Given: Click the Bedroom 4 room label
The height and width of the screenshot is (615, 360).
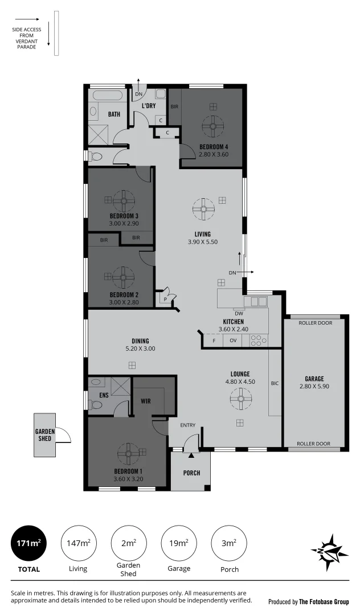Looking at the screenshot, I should click(214, 146).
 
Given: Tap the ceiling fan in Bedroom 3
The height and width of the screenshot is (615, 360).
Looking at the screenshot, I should click(124, 200).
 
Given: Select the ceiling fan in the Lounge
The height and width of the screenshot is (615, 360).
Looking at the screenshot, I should click(240, 398).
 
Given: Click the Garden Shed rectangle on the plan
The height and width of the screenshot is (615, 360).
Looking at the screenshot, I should click(45, 435).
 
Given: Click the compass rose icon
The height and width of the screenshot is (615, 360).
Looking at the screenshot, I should click(329, 552).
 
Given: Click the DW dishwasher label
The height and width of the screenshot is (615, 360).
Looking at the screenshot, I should click(239, 313).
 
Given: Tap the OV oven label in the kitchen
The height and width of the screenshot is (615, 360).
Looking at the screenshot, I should click(232, 341).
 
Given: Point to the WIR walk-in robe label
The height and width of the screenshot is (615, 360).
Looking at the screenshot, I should click(145, 401).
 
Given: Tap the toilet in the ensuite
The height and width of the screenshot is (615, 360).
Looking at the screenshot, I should click(96, 405).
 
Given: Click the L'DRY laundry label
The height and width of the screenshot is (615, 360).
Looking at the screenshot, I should click(149, 106).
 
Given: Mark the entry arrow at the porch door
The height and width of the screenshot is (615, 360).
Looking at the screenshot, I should click(191, 454).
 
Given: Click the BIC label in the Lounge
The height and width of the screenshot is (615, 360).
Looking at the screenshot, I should click(275, 383).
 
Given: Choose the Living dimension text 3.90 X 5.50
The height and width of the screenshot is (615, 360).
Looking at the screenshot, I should click(203, 242).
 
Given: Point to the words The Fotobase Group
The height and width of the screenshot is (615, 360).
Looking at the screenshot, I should click(324, 601).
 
